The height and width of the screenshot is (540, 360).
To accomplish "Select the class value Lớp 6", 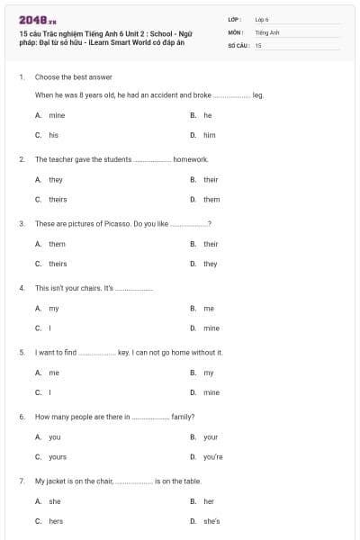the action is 262,19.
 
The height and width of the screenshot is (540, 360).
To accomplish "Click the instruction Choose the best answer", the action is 67,76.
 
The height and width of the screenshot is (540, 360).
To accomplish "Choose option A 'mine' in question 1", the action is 56,115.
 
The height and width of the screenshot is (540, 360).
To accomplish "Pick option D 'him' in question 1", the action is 209,134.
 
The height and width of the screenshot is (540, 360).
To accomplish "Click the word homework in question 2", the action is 190,159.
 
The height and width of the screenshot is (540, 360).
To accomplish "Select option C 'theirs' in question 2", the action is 58,199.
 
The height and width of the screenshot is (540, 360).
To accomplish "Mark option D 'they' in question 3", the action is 210,264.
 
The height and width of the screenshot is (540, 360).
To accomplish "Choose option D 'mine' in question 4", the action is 211,328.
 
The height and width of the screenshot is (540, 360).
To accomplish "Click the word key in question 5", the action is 124,353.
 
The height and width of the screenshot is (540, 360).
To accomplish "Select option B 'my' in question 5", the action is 208,373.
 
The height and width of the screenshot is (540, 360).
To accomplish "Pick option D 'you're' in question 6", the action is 212,456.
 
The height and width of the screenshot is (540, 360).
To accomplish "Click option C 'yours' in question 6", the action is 58,456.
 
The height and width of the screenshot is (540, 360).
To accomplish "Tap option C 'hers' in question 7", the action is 56,521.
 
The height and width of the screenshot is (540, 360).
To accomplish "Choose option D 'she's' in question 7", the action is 211,521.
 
